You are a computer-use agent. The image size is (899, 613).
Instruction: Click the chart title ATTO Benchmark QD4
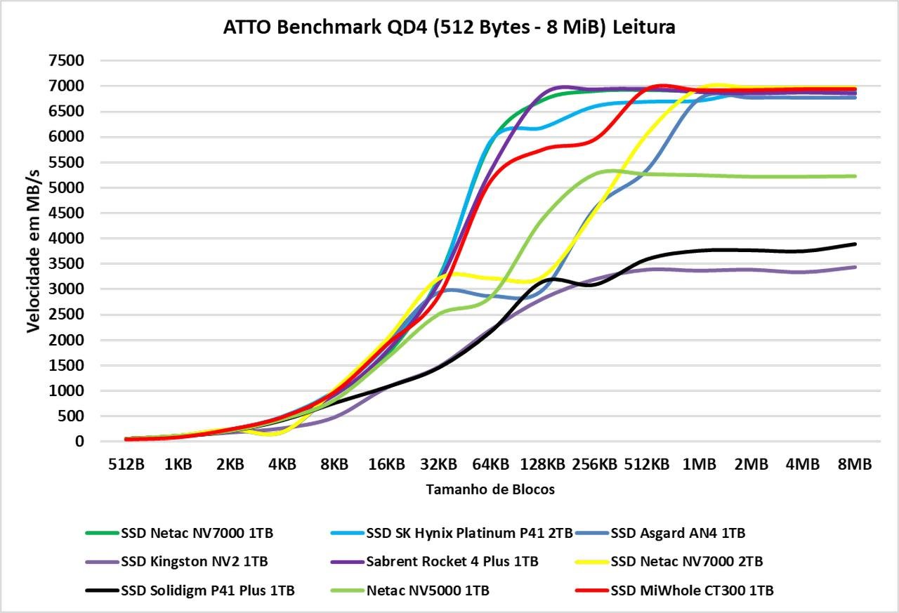tap(449, 27)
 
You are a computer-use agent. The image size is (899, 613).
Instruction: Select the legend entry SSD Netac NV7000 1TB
tap(197, 533)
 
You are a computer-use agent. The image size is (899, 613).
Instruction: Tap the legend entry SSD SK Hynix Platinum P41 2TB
tap(469, 533)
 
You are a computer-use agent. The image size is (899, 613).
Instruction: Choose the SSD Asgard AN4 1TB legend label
tap(678, 533)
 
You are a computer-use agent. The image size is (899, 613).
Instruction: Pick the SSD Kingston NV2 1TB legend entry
tap(194, 562)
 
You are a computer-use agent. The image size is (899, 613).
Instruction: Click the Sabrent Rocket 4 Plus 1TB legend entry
tap(452, 562)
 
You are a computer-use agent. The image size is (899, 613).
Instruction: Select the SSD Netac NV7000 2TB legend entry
tap(687, 562)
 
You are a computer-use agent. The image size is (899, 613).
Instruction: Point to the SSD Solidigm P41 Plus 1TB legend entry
tap(207, 591)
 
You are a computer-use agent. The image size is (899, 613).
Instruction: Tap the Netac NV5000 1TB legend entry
tap(428, 591)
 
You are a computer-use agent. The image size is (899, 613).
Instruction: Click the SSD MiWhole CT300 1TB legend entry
tap(692, 591)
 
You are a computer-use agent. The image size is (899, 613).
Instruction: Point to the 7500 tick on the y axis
tap(67, 61)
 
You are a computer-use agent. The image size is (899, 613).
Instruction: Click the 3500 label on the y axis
tap(67, 264)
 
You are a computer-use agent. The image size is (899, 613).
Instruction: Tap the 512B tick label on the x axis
tap(126, 464)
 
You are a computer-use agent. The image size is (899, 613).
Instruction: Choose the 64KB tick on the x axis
tap(490, 464)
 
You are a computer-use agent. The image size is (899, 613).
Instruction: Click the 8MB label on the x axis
tap(854, 464)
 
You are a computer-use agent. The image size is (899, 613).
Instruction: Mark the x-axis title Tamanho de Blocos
tap(490, 490)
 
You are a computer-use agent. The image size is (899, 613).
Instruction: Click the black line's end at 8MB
tap(855, 244)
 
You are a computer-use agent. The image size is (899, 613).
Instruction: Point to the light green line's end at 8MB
tap(855, 176)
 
